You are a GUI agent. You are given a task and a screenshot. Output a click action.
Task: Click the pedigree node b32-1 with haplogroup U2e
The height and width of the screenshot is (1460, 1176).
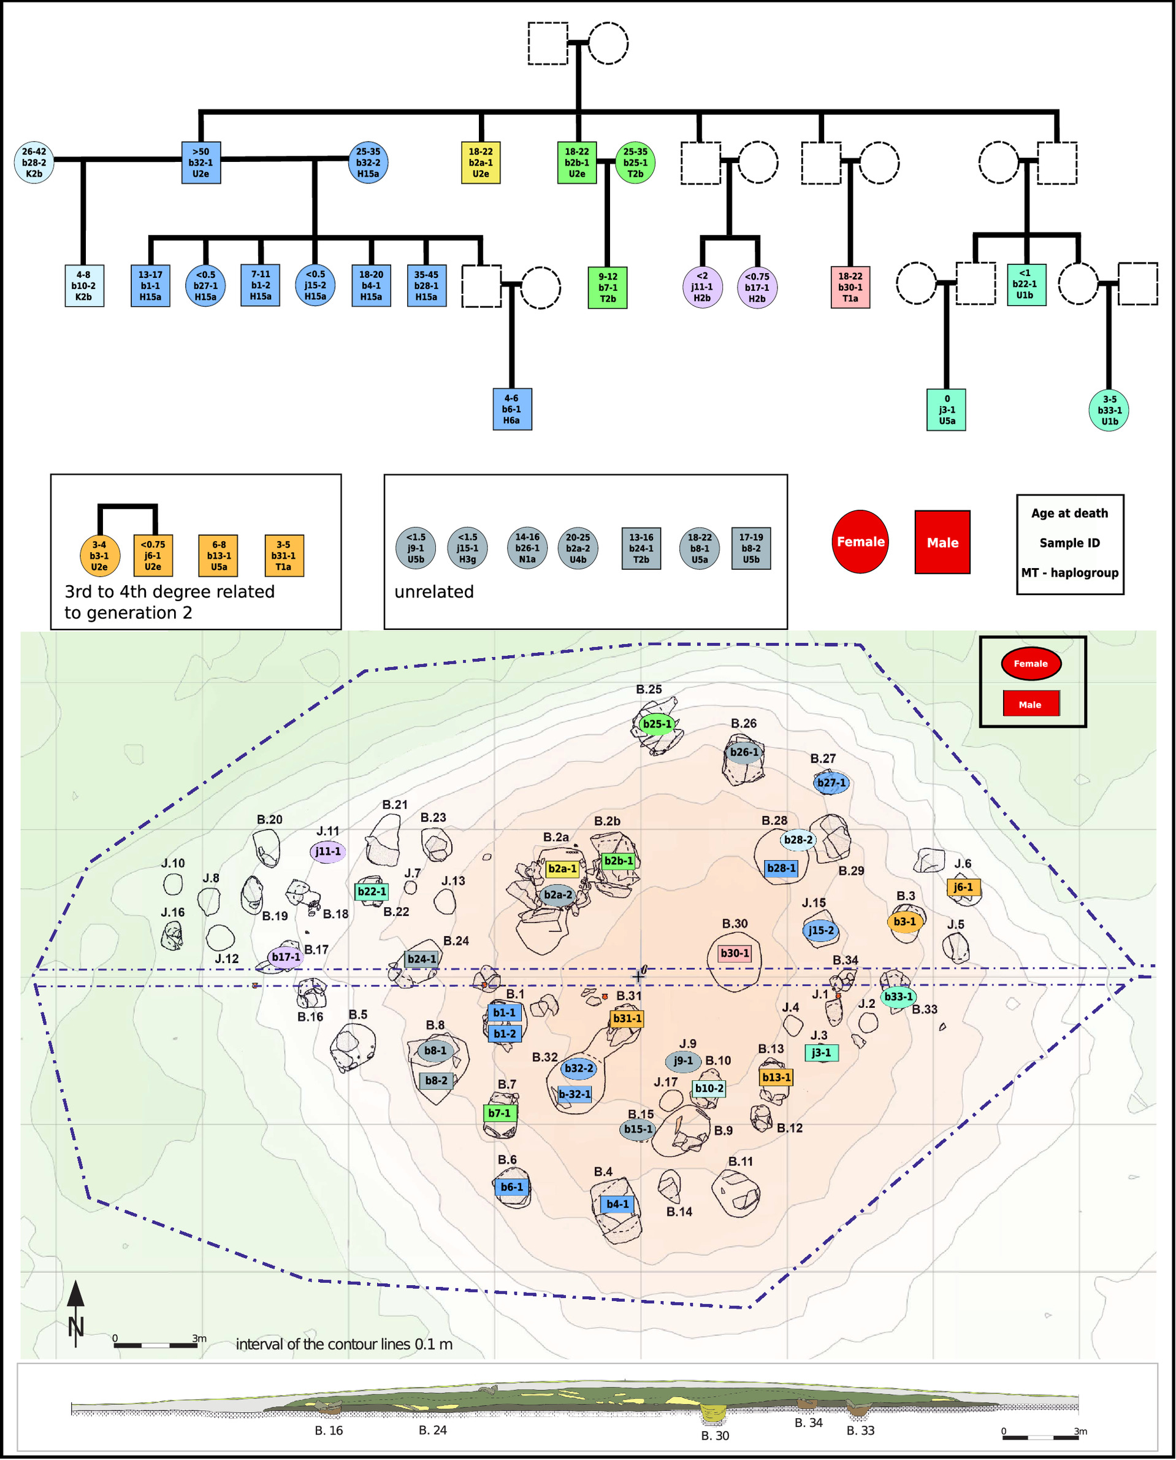(201, 163)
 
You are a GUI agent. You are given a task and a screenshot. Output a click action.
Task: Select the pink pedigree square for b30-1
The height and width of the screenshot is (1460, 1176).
(850, 287)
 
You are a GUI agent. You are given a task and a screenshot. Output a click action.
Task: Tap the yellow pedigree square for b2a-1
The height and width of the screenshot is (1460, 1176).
(480, 163)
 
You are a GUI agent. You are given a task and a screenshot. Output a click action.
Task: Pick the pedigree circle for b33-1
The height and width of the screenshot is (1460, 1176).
(1109, 410)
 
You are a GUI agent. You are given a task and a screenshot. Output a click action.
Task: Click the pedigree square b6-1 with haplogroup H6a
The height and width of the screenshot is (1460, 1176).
(511, 409)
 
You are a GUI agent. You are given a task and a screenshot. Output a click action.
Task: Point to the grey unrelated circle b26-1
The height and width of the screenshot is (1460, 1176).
(527, 548)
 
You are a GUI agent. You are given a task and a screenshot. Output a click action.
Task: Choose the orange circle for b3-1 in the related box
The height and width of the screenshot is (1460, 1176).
(99, 556)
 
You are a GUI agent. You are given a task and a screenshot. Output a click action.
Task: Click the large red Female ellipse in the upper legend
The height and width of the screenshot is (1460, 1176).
(860, 542)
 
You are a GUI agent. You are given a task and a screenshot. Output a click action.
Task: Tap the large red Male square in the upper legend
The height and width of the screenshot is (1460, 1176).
(942, 542)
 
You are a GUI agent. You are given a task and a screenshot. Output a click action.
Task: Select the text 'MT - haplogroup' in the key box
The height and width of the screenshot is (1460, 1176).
(1070, 573)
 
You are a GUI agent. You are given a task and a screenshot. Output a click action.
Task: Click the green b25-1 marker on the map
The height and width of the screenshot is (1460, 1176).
(657, 724)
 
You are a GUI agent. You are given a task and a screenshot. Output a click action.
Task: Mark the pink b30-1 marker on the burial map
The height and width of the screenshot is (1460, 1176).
(735, 954)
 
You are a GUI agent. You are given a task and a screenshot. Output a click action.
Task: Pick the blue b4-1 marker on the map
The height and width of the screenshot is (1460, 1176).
(617, 1204)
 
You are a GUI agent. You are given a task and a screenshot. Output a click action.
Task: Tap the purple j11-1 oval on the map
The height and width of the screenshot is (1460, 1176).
(328, 851)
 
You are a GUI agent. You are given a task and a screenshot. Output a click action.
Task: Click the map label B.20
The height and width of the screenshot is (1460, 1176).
(270, 820)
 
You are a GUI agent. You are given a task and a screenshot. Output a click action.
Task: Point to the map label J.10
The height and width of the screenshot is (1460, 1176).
(173, 864)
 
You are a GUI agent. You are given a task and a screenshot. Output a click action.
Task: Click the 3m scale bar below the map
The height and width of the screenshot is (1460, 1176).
(156, 1345)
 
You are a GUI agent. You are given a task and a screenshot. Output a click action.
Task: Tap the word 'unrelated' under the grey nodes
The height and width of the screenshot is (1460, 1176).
(434, 592)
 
